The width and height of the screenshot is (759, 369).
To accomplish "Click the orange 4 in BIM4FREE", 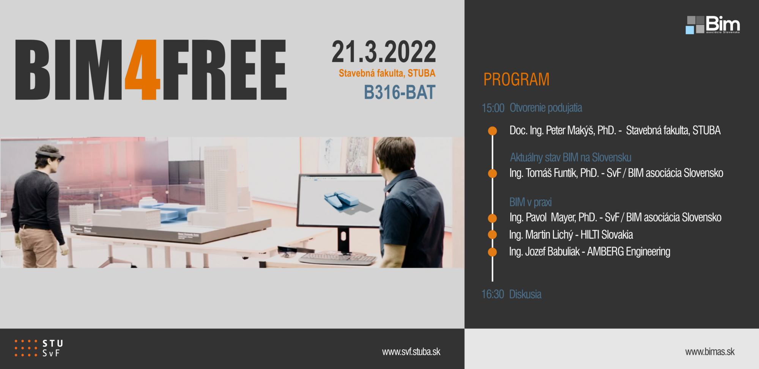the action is pos(143,69).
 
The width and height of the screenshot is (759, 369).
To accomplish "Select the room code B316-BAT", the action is pos(400,92).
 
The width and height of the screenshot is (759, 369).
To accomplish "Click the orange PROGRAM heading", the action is pos(516,79).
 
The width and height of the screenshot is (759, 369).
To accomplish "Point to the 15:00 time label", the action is pos(493,108).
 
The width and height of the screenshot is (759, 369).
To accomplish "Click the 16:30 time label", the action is pos(493,294).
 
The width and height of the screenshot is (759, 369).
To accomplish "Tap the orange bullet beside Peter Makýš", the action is pos(492,131).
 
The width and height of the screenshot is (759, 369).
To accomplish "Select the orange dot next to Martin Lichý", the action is pos(492,235).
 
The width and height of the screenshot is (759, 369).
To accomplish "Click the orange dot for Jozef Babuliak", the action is pos(492,252).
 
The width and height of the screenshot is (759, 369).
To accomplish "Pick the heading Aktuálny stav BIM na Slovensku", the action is pos(570,157).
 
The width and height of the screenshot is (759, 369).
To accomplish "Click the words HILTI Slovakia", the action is pos(606,235).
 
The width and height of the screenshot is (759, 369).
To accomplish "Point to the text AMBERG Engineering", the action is pos(628,252).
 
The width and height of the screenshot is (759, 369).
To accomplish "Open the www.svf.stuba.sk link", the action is pos(411,352).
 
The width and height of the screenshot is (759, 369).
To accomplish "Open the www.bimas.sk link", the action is pos(710,352).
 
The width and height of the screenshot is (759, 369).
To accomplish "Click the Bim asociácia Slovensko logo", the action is pos(713,25).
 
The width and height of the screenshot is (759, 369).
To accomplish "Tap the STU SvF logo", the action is pos(39,348).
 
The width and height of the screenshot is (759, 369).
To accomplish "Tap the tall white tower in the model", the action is pos(221,180).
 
